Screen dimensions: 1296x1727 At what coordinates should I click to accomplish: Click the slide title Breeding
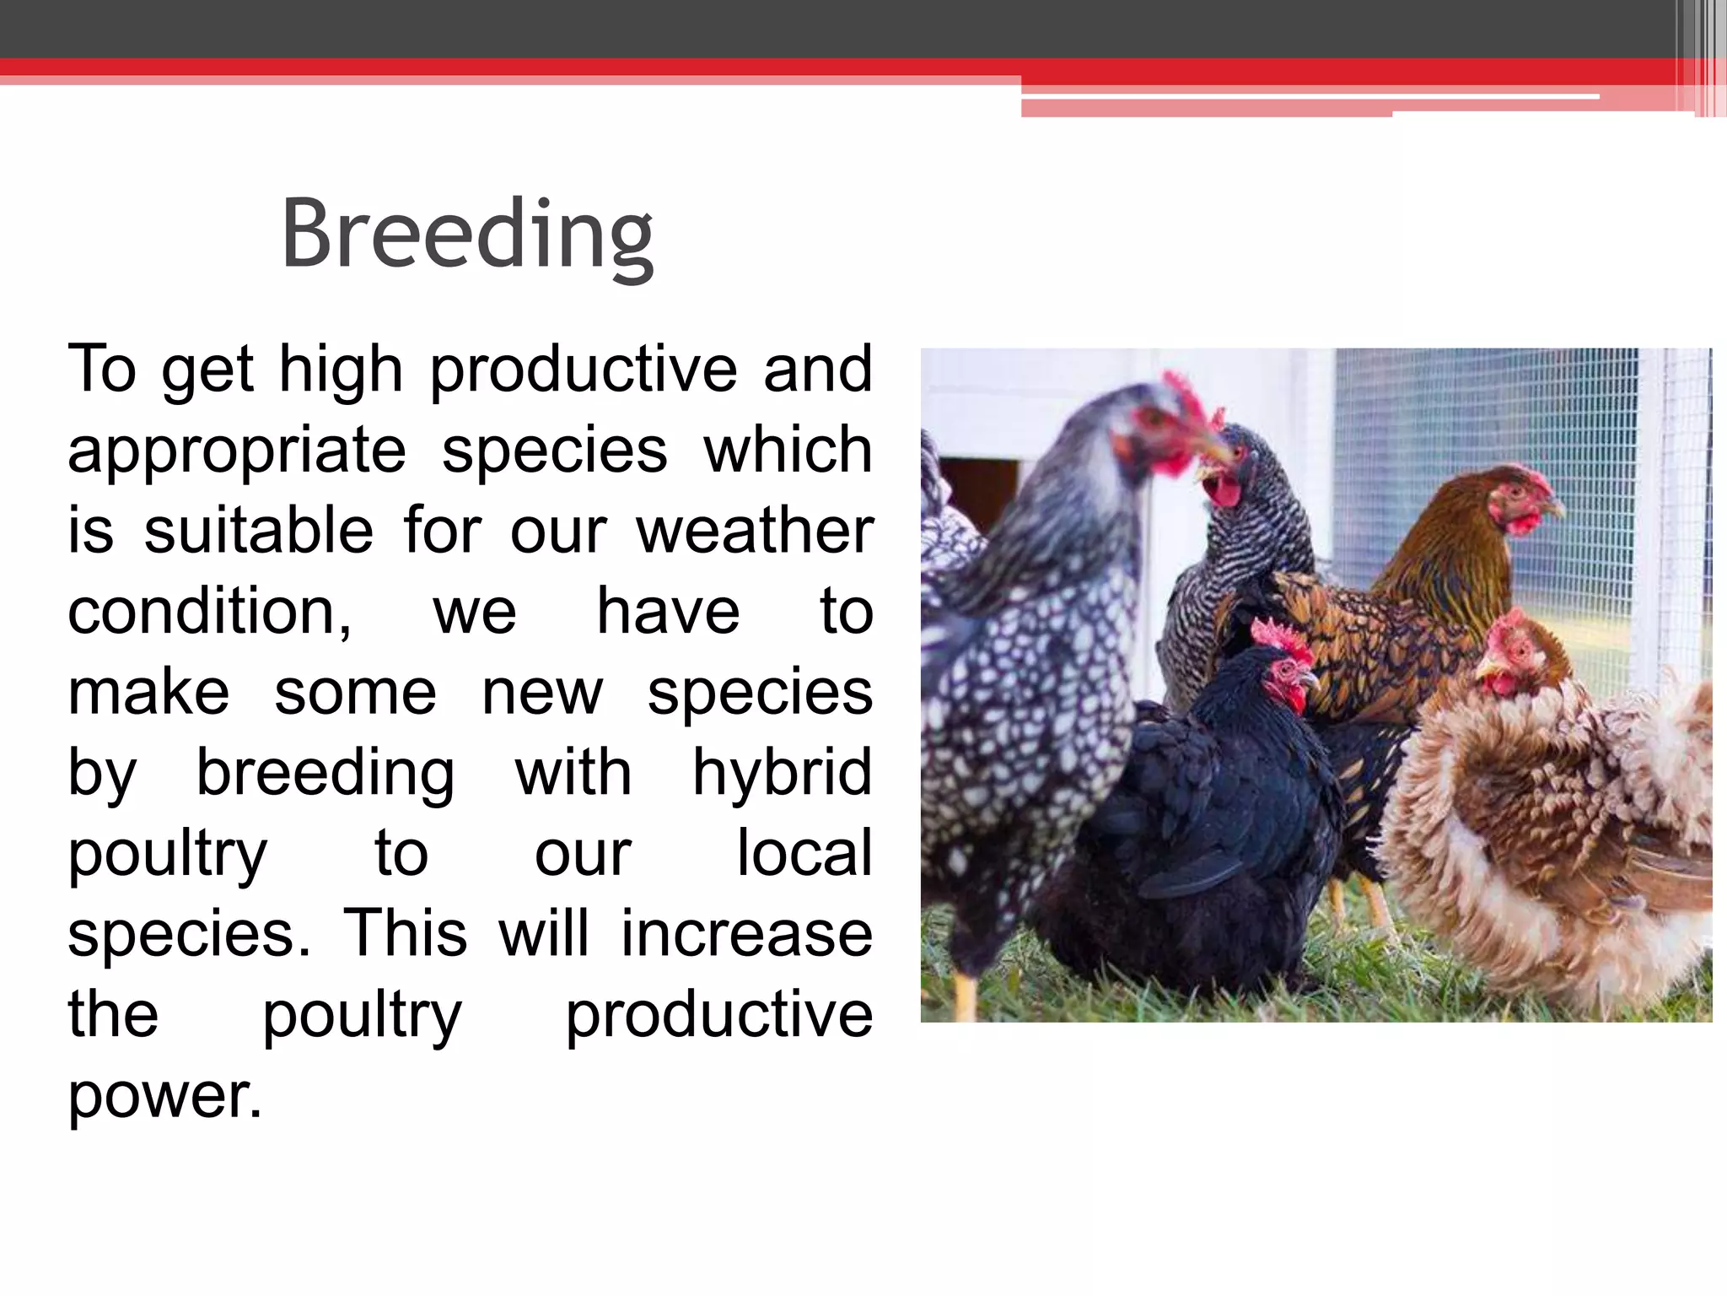467,234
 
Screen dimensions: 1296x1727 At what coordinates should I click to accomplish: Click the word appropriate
237,451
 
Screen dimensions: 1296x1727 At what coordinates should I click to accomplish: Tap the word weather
755,531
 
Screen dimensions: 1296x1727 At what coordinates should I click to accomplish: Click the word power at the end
164,1095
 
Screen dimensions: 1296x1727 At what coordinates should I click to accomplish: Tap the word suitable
258,531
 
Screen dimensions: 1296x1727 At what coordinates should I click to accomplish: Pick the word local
804,853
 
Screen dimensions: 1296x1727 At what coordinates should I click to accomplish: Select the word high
341,370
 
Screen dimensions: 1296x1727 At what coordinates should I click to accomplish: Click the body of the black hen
1206,810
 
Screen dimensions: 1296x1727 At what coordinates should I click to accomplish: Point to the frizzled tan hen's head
1514,654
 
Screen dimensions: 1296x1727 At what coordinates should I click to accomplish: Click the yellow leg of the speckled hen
966,996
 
